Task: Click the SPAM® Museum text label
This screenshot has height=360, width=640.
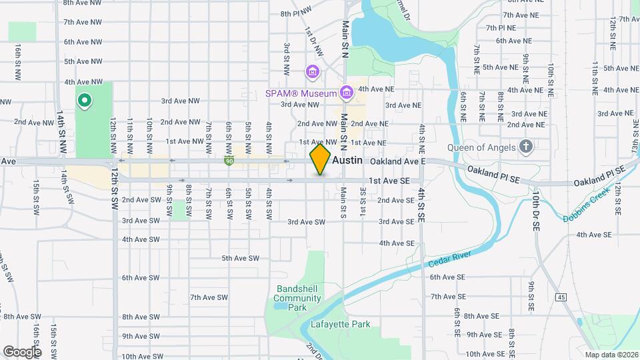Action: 301,93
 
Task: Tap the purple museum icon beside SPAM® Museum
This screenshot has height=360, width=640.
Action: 346,93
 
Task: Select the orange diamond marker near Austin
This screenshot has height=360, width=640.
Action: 321,160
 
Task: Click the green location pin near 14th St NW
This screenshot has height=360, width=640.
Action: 85,101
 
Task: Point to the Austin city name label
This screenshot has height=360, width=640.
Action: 347,161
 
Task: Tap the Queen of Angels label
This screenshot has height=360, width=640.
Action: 481,147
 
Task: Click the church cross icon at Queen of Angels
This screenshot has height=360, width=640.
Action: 526,147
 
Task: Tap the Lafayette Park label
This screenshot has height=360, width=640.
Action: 340,324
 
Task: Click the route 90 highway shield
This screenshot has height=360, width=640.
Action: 229,161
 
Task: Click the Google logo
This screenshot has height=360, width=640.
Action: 22,351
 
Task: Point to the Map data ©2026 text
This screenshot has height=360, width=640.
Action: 611,354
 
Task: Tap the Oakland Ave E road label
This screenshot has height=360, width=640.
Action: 398,161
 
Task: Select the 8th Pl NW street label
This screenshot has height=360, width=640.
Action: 296,13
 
